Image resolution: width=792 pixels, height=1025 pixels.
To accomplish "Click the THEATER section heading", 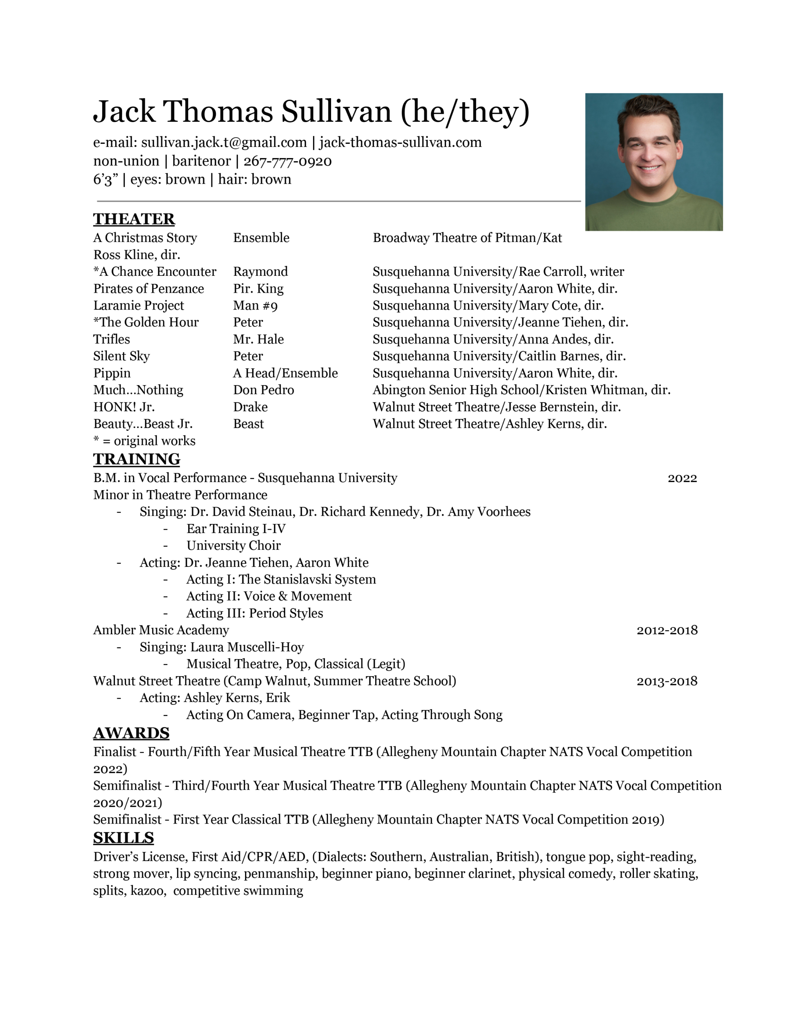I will click(134, 219).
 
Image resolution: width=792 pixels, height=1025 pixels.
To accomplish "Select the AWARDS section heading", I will click(131, 733).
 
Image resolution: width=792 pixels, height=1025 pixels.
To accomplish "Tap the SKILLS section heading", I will click(123, 838).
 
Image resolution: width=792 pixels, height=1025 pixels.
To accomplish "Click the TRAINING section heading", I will click(137, 459).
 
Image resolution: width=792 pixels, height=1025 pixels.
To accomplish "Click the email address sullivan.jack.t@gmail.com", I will click(224, 142).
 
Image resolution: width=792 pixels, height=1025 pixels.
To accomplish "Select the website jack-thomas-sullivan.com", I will click(400, 142).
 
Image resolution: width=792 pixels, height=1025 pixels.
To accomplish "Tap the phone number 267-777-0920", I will click(287, 161).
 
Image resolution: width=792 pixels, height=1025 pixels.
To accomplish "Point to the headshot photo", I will click(653, 162).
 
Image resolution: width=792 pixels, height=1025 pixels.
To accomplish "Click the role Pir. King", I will click(258, 289).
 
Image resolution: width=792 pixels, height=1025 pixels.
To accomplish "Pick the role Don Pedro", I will click(263, 390).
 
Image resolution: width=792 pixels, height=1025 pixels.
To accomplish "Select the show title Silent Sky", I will click(122, 356).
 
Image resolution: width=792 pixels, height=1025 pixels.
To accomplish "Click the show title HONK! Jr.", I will click(124, 407).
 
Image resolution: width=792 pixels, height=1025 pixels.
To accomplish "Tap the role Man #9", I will click(255, 305).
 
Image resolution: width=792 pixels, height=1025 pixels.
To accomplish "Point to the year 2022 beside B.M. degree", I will click(682, 478).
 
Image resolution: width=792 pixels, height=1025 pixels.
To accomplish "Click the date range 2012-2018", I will click(667, 630).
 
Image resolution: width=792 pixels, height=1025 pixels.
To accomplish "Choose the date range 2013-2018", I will click(667, 681).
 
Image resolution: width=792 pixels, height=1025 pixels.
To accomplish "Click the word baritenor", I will click(201, 161).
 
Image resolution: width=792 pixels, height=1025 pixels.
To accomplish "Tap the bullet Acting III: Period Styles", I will click(254, 613).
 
